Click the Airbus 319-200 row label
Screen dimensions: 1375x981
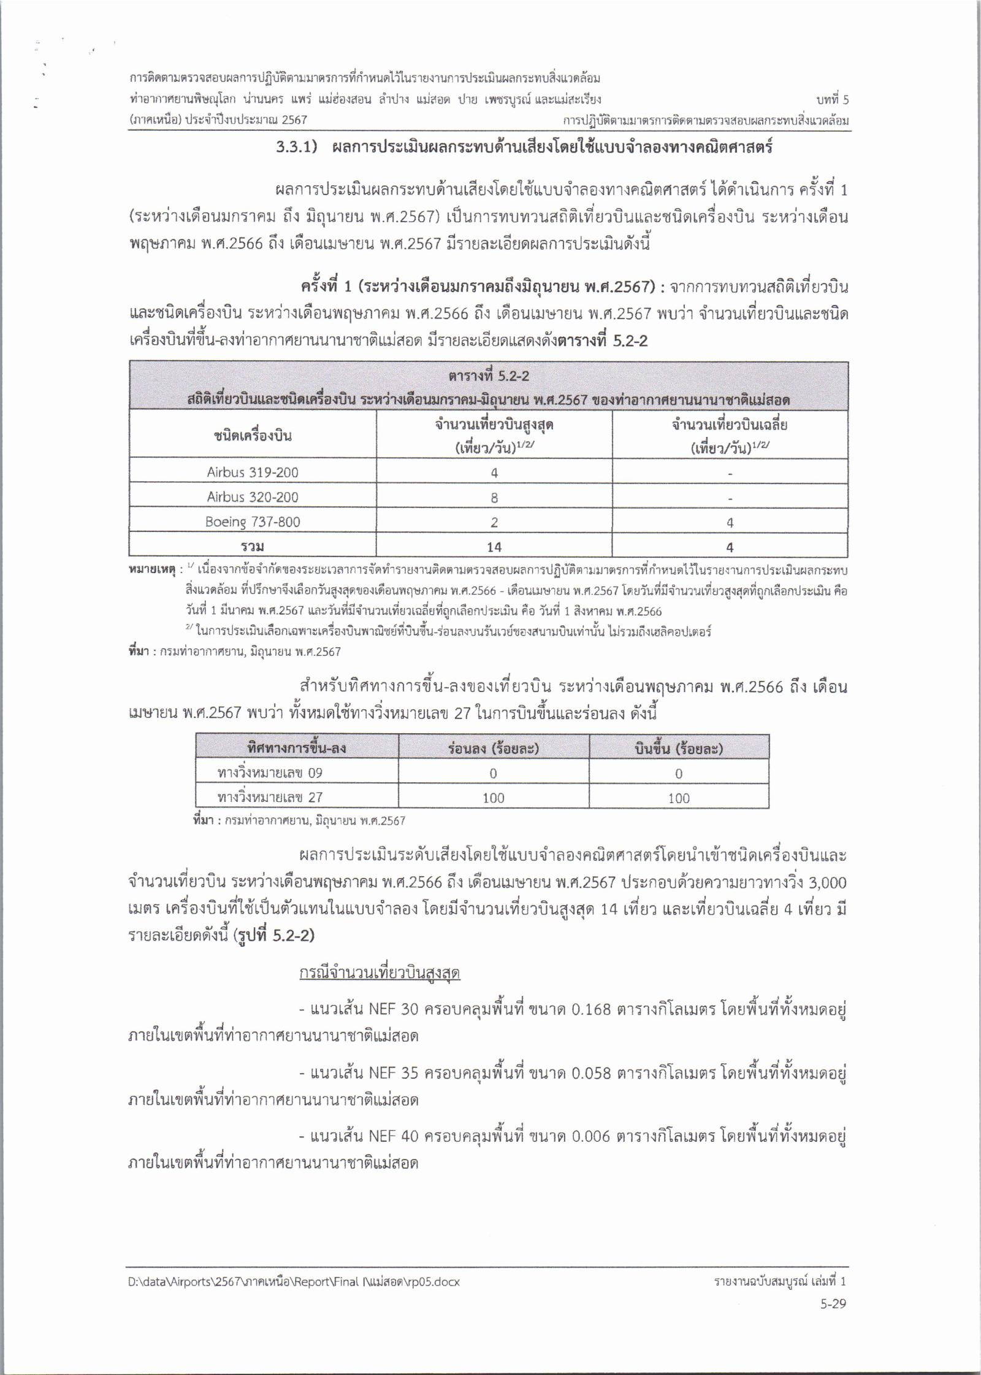pyautogui.click(x=253, y=472)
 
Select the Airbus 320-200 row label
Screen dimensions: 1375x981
pyautogui.click(x=253, y=497)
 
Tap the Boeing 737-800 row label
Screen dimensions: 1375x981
pyautogui.click(x=253, y=522)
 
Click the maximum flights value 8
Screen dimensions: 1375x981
pyautogui.click(x=494, y=498)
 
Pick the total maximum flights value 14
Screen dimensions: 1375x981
pyautogui.click(x=494, y=547)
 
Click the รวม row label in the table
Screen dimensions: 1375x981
pyautogui.click(x=253, y=547)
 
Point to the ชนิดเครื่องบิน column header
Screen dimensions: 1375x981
pyautogui.click(x=253, y=436)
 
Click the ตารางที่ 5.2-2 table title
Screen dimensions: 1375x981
pyautogui.click(x=489, y=376)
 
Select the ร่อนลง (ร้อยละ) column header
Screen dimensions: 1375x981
pyautogui.click(x=494, y=749)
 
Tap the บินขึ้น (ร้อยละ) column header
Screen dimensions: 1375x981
pyautogui.click(x=679, y=749)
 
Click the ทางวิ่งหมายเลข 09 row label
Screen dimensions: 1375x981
pyautogui.click(x=270, y=773)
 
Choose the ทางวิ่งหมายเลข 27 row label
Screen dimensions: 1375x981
pyautogui.click(x=270, y=798)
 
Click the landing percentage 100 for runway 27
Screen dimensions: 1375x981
pyautogui.click(x=494, y=798)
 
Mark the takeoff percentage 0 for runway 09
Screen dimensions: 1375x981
pyautogui.click(x=679, y=774)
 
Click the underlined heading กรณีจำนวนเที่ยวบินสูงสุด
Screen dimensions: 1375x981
pyautogui.click(x=380, y=974)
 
